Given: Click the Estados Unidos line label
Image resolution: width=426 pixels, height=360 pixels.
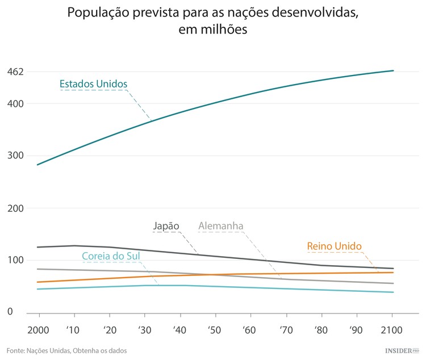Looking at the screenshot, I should point(93,84).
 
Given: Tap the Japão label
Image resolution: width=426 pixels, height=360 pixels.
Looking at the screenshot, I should point(166,226).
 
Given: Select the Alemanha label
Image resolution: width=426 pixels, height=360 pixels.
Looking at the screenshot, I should point(220,227).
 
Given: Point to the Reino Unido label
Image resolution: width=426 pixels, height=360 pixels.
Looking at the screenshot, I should point(334,246).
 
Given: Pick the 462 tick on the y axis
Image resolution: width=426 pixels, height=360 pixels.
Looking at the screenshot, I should point(15,72).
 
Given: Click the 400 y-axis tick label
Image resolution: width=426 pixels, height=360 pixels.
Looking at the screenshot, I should point(15,104).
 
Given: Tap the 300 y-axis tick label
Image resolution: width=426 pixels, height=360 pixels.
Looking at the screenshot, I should point(15,156).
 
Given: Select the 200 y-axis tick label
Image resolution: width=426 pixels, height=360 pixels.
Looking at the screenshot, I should point(15,208).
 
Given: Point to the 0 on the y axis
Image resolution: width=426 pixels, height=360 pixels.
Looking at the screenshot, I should point(10,312).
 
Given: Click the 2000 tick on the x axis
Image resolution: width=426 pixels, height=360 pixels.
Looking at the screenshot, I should point(39,330).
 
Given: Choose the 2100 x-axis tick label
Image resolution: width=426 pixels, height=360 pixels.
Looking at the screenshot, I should point(392,330).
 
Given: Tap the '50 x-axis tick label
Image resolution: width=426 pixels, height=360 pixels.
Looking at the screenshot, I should point(215,330).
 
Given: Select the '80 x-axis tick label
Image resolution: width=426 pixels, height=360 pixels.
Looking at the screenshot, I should point(321,330).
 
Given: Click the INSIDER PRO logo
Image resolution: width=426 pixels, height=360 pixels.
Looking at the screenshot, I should point(402,351).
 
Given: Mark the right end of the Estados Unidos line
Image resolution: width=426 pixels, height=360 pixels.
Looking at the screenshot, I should point(393,70).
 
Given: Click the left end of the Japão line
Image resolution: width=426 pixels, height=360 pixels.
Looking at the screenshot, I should point(37,247).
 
